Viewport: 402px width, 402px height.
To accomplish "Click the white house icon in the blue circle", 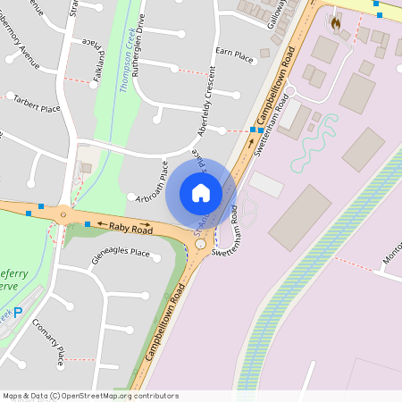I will (201, 192).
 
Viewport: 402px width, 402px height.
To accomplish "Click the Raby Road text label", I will (130, 230).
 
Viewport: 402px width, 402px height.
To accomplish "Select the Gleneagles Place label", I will (121, 253).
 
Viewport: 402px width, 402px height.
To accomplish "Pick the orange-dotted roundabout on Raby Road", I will (63, 215).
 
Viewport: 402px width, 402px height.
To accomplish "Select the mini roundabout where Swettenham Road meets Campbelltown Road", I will (200, 244).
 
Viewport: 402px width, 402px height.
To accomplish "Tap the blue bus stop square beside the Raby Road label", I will (88, 223).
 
